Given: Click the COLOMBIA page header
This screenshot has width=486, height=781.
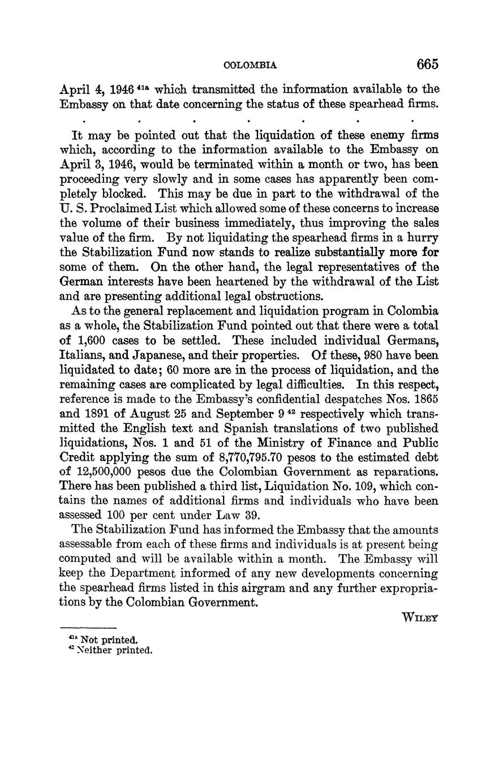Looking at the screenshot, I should [x=251, y=66].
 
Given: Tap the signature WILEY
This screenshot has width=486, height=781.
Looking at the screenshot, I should [x=419, y=619].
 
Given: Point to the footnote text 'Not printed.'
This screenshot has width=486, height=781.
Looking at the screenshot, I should [x=109, y=640].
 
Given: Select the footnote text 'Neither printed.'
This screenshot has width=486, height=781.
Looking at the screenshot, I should [x=117, y=650].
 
